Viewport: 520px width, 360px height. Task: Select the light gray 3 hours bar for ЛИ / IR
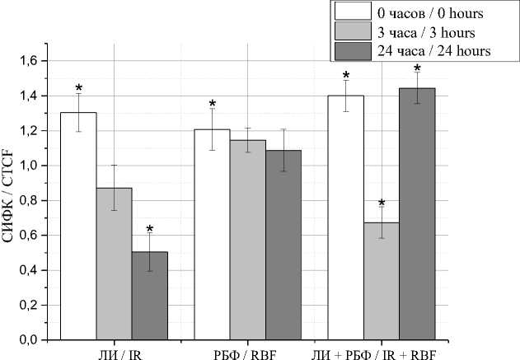click(x=114, y=264)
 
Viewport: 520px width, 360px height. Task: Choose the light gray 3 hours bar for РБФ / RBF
click(x=247, y=239)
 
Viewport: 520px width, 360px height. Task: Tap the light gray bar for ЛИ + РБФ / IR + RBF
click(x=381, y=280)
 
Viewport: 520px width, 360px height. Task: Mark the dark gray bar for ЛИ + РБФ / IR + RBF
click(x=417, y=213)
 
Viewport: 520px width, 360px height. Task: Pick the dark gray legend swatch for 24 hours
click(x=349, y=51)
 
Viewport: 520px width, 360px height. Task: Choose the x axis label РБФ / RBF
click(x=247, y=352)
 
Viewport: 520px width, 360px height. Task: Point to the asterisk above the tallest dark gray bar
click(x=417, y=68)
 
